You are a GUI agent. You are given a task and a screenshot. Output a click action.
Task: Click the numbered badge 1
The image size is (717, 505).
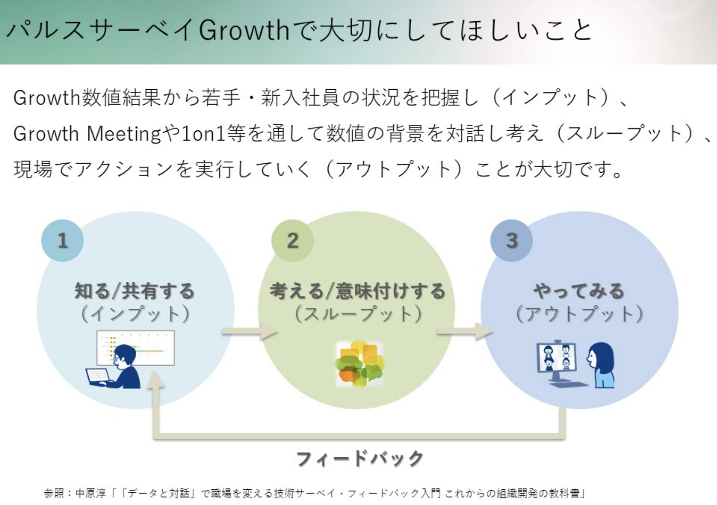click(x=62, y=240)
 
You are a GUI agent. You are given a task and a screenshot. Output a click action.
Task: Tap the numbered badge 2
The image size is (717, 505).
click(x=292, y=240)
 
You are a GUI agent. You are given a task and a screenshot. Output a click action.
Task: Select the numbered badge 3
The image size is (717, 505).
click(x=511, y=240)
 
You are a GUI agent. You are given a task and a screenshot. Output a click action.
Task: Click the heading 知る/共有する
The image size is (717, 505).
click(x=134, y=291)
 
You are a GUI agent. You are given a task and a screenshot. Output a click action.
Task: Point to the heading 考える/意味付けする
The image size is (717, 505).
click(x=358, y=291)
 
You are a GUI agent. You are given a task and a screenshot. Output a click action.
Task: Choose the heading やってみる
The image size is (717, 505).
click(x=579, y=291)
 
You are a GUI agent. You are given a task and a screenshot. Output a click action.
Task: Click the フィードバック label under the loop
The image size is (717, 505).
click(x=360, y=459)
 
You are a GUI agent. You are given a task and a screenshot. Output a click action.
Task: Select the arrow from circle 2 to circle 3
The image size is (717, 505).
click(x=464, y=331)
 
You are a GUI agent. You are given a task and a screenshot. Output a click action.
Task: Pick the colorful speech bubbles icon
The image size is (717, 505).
click(x=359, y=363)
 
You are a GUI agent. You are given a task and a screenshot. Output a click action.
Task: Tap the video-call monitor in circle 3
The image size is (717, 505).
click(x=556, y=361)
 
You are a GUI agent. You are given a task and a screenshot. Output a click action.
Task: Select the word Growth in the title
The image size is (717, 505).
click(x=244, y=31)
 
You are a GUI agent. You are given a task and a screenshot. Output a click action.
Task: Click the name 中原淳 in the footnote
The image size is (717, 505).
click(x=90, y=493)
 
